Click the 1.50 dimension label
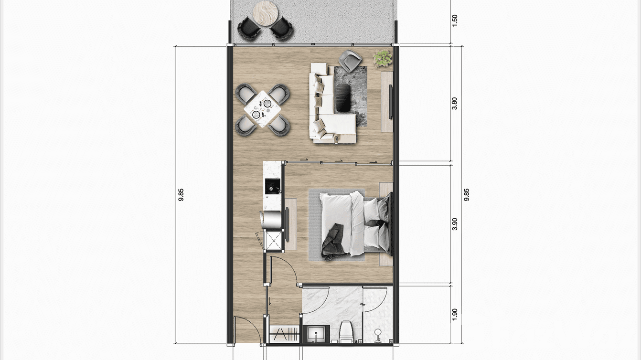(x=454, y=20)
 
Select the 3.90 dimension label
(x=454, y=224)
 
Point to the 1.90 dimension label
(x=454, y=314)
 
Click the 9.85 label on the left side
(x=181, y=195)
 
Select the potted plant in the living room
(x=383, y=58)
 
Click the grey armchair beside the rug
(x=350, y=60)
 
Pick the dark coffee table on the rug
(x=343, y=97)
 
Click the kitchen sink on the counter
(x=272, y=187)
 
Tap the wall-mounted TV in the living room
(x=390, y=101)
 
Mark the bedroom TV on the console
(x=287, y=224)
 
